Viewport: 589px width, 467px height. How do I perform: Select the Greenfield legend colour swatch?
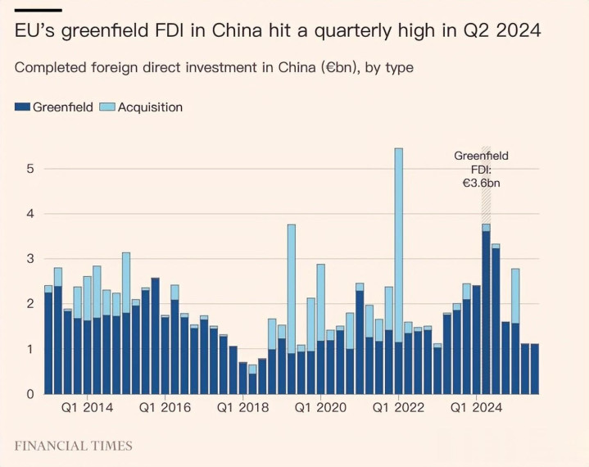[x=22, y=107]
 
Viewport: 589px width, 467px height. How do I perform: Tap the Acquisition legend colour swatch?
[x=107, y=107]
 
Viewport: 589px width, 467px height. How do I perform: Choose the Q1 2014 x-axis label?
[x=88, y=407]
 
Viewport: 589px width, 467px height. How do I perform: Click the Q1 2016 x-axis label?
[x=165, y=407]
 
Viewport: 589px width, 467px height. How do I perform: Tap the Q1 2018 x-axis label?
[x=242, y=407]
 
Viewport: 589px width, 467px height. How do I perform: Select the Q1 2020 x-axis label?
[x=320, y=407]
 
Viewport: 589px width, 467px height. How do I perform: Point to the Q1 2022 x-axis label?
[x=398, y=407]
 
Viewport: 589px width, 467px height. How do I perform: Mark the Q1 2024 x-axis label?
[x=476, y=407]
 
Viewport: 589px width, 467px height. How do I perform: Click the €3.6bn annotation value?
[x=481, y=184]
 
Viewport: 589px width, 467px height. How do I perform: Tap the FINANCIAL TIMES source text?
[x=73, y=447]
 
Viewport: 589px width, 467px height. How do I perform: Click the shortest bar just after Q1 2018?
[x=252, y=384]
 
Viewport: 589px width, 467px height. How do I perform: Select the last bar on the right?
[x=534, y=370]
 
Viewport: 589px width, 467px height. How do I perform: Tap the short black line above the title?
[x=38, y=10]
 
